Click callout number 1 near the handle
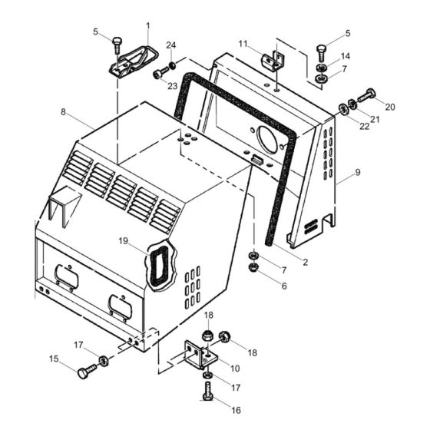[147, 26]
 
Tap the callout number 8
[64, 112]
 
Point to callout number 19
[124, 241]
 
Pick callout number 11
[243, 42]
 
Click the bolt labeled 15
[82, 372]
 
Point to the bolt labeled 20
[367, 96]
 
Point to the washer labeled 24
[174, 64]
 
